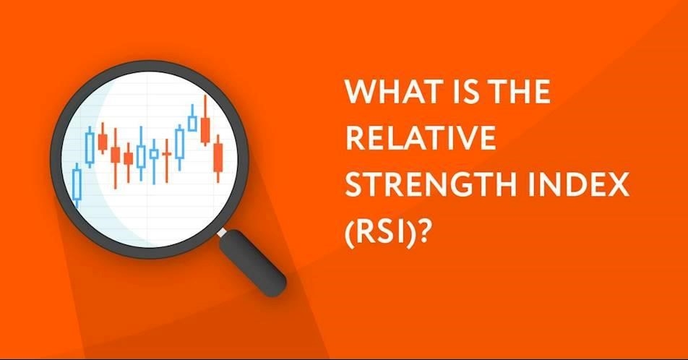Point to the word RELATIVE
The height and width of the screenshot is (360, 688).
click(x=421, y=138)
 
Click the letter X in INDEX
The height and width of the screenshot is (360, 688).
click(x=618, y=185)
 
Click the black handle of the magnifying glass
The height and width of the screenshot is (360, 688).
click(x=253, y=262)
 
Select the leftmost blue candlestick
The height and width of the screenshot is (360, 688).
click(x=77, y=185)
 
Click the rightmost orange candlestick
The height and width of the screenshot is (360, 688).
click(x=218, y=158)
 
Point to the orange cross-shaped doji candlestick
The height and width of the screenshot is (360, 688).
click(x=166, y=160)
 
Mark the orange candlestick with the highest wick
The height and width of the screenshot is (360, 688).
click(x=205, y=120)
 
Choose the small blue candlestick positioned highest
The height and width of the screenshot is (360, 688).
click(x=192, y=119)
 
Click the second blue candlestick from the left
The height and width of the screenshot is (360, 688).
click(x=90, y=147)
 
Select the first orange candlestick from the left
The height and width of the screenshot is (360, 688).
click(x=103, y=139)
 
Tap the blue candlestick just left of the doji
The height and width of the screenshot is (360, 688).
click(x=153, y=161)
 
